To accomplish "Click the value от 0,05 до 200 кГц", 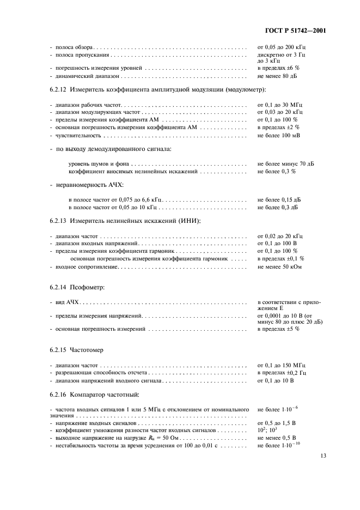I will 283,48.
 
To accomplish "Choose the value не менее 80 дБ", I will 278,77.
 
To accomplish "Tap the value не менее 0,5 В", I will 277,438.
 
